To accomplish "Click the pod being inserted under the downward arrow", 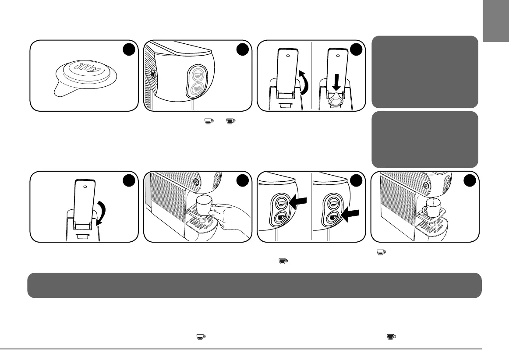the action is click(336, 102).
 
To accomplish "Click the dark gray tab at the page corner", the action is click(496, 21).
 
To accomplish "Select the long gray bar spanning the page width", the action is click(254, 286).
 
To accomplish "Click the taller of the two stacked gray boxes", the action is click(424, 72).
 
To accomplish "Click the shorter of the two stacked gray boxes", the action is click(424, 139).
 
